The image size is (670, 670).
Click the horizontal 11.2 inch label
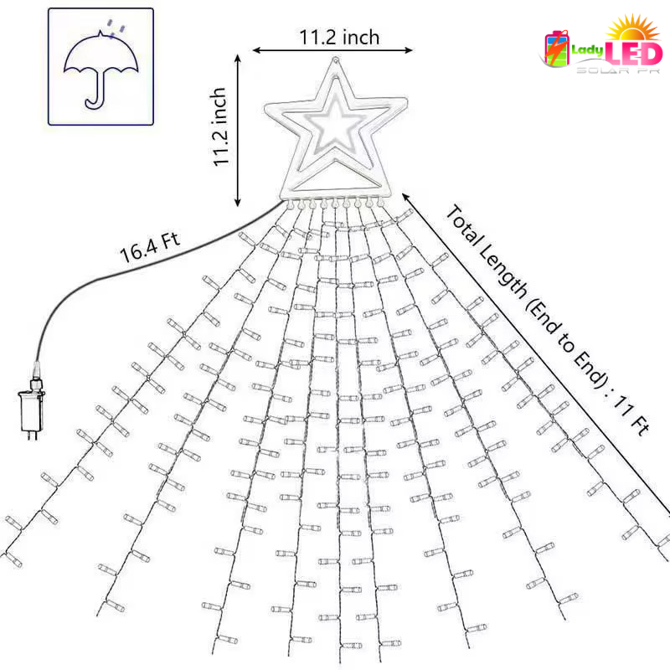tap(339, 37)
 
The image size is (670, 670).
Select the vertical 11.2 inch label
tap(219, 127)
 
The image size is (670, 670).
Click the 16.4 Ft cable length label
tap(150, 247)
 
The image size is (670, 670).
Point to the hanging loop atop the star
tap(336, 60)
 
